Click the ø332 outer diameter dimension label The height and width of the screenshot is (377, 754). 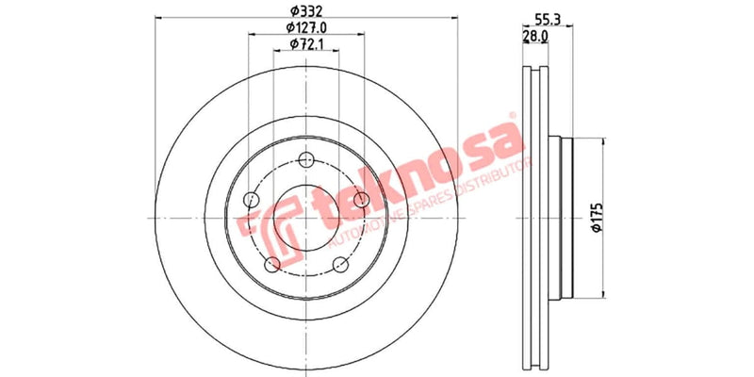(x=306, y=10)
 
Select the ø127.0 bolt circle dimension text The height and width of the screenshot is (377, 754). (x=306, y=27)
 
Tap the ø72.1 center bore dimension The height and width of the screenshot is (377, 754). (x=306, y=44)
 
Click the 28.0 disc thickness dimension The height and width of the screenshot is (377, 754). (x=535, y=37)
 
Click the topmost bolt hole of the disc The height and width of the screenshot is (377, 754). (x=305, y=159)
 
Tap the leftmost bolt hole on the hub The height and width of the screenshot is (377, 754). (x=250, y=200)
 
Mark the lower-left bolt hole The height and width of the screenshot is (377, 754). (x=271, y=264)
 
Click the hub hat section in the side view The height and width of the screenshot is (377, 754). (x=562, y=219)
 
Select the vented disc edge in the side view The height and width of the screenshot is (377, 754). (x=536, y=219)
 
